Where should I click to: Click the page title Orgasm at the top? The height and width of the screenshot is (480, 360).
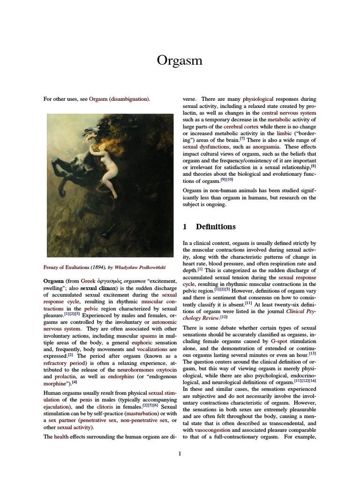click(x=180, y=61)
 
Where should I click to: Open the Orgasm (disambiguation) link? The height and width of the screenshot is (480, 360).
click(x=119, y=99)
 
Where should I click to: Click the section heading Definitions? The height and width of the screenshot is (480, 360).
click(x=216, y=227)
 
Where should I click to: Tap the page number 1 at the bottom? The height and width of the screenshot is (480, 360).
click(x=180, y=453)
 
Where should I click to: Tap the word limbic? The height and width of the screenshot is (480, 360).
click(x=284, y=134)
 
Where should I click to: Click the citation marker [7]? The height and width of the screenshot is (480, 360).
click(x=242, y=139)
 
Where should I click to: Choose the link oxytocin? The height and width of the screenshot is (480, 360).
click(x=165, y=370)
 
